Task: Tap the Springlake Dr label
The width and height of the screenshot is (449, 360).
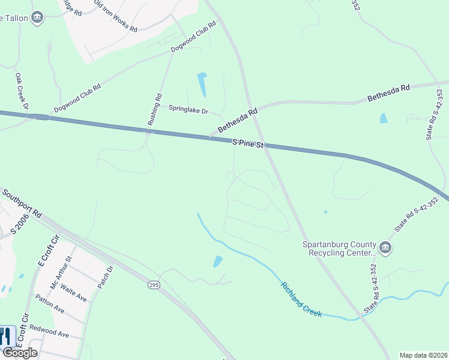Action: (x=188, y=111)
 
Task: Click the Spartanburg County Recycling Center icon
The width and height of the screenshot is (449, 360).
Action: (x=385, y=247)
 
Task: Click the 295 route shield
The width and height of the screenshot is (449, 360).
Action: (x=154, y=286)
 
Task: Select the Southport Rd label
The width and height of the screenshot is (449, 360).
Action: (x=22, y=204)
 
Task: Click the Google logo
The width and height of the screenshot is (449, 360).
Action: (x=19, y=353)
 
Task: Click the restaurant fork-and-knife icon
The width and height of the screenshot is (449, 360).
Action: (x=7, y=335)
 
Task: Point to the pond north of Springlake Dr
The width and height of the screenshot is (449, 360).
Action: (x=202, y=85)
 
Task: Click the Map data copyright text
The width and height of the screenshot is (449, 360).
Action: (x=424, y=355)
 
